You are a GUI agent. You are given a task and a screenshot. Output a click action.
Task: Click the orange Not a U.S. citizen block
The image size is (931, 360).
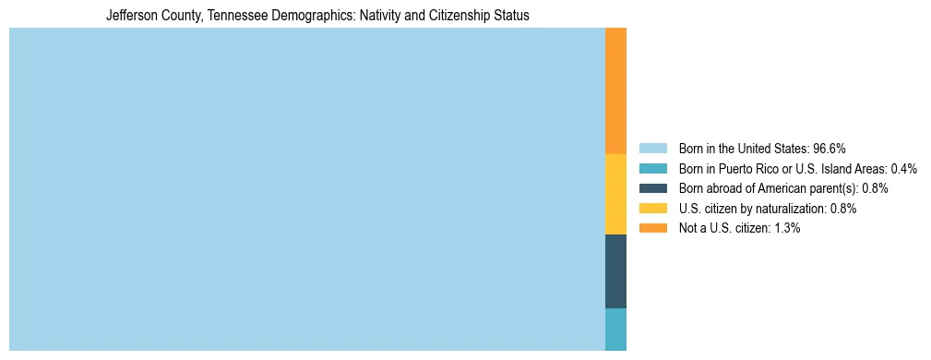pos(615,90)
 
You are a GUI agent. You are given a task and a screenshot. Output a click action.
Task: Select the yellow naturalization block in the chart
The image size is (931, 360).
pos(615,194)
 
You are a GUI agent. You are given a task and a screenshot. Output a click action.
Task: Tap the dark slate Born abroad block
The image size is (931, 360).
pos(615,270)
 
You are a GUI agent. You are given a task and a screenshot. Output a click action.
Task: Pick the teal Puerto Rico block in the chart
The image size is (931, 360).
pos(615,329)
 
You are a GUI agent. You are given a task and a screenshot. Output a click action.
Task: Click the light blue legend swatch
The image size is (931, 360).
pos(652,149)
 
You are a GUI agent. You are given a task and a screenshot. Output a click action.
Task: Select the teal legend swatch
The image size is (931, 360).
pos(652,169)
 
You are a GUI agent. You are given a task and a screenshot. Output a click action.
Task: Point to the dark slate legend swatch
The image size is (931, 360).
pos(652,188)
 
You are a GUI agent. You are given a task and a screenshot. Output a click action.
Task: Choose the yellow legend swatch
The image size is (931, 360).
pos(652,209)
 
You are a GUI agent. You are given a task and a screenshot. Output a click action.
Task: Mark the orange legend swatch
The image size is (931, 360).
pos(652,228)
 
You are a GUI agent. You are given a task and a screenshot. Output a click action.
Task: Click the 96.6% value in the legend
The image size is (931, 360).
pos(830,149)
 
